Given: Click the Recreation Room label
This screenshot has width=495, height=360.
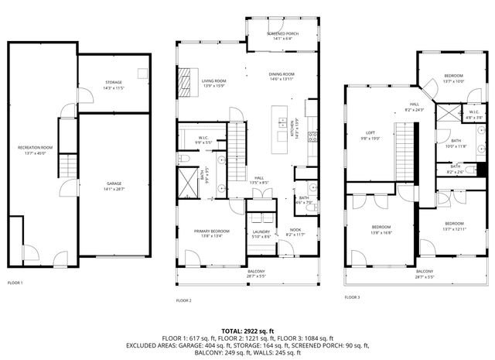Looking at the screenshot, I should [x=35, y=149].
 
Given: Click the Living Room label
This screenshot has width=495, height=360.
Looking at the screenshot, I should [x=213, y=83].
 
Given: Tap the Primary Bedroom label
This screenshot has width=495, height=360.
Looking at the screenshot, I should [x=210, y=234].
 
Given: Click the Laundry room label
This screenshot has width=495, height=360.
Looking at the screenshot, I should [x=261, y=234].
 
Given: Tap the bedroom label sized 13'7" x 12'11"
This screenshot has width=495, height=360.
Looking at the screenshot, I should [x=454, y=226].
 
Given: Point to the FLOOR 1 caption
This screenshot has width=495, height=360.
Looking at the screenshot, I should [x=15, y=283].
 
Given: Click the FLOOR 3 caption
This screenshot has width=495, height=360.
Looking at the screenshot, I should [x=352, y=296].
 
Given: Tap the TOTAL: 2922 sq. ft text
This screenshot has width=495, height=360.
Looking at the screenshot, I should [x=247, y=330].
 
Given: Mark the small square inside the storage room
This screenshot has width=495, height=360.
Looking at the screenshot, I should [x=142, y=73].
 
